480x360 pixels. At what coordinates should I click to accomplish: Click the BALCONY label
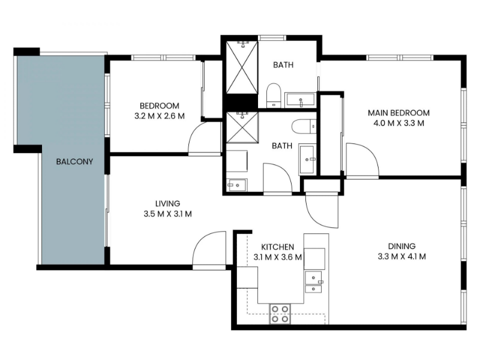(x=74, y=161)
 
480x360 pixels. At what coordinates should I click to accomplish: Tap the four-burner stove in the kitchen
(x=280, y=314)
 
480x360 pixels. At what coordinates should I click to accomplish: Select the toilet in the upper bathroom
(x=274, y=95)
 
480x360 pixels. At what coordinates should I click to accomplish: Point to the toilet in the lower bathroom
(x=304, y=126)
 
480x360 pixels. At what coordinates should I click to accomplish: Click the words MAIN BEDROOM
(x=398, y=113)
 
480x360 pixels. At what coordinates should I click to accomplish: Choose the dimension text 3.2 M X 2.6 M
(x=160, y=116)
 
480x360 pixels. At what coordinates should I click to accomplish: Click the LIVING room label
(x=168, y=203)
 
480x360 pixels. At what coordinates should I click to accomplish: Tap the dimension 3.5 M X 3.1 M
(x=168, y=214)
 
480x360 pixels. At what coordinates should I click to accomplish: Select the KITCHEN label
(x=278, y=247)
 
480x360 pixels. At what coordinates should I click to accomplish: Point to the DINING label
(x=401, y=246)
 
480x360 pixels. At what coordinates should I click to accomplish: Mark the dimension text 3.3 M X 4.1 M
(x=401, y=257)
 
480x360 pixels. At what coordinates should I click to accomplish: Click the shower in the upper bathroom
(x=242, y=67)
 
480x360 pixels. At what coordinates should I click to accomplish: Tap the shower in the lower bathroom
(x=242, y=127)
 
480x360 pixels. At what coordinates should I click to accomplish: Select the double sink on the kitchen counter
(x=313, y=282)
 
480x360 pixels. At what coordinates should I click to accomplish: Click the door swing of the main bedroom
(x=362, y=160)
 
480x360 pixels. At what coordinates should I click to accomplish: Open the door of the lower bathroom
(x=278, y=178)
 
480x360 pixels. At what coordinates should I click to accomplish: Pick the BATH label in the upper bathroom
(x=283, y=65)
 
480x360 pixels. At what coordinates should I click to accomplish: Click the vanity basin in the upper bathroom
(x=301, y=100)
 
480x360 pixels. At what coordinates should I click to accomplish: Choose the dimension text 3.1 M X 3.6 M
(x=278, y=257)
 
